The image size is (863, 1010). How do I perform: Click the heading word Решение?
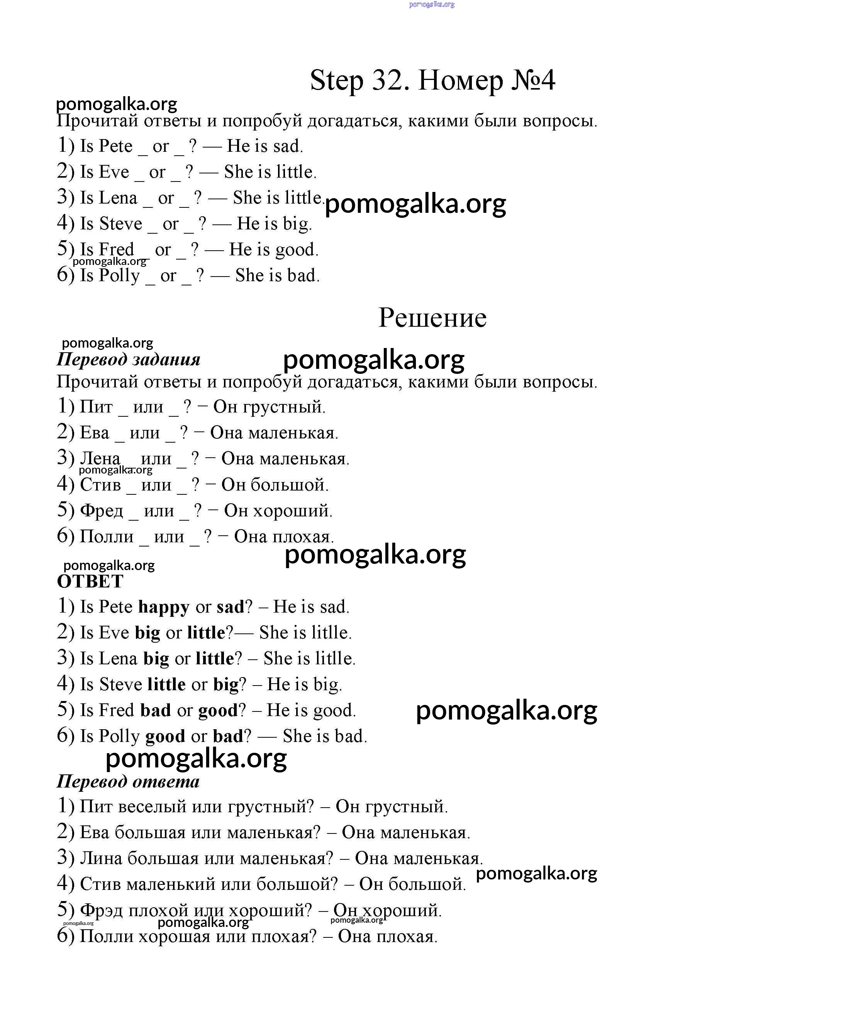[432, 318]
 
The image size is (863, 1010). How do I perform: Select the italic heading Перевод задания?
[129, 360]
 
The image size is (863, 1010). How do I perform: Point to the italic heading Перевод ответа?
[128, 781]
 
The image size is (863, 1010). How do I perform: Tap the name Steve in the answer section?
[120, 684]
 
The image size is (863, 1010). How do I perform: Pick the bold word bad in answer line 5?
[156, 710]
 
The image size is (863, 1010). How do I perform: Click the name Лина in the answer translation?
[101, 858]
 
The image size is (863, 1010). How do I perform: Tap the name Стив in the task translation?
[100, 484]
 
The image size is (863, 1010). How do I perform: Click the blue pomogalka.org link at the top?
[432, 4]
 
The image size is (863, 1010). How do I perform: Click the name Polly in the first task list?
[119, 275]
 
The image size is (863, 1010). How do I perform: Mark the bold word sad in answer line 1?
[230, 607]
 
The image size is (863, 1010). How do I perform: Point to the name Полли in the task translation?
[106, 537]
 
